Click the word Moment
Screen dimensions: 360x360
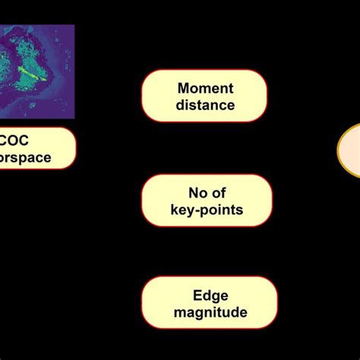click(204, 88)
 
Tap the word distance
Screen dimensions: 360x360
click(204, 105)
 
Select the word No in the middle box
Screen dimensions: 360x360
click(197, 193)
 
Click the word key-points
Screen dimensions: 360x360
click(205, 210)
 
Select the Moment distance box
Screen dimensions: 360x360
click(204, 96)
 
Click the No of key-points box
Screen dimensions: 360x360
click(205, 201)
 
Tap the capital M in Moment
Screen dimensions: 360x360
click(183, 88)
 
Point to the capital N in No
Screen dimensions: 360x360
click(193, 193)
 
